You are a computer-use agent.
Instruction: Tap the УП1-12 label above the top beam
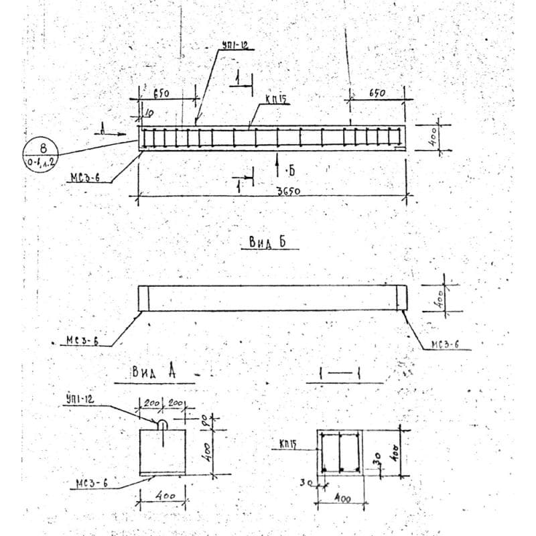point(235,46)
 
